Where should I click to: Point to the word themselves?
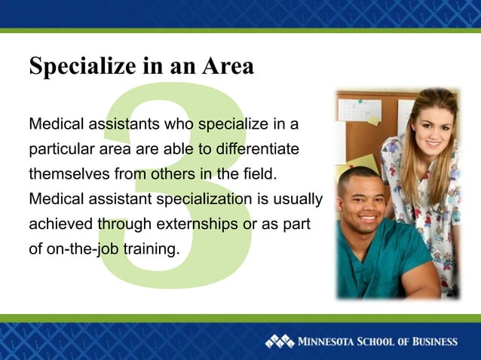69,175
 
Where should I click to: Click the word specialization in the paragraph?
204,200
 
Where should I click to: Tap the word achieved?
61,225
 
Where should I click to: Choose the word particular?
57,149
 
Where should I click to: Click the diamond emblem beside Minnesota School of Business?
279,341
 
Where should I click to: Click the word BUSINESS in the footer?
431,341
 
